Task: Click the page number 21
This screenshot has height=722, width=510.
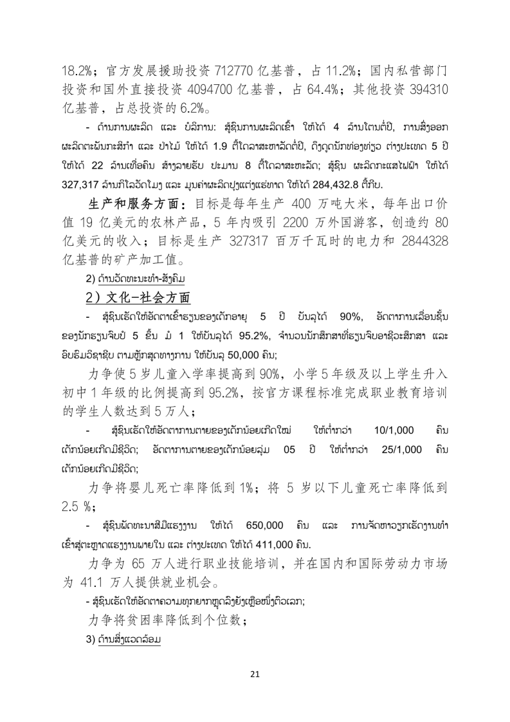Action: tap(255, 674)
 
